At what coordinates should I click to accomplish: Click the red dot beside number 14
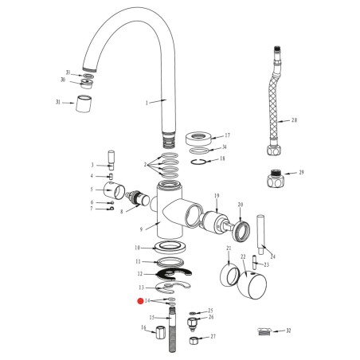(139, 301)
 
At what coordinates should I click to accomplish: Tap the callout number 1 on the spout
(146, 103)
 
